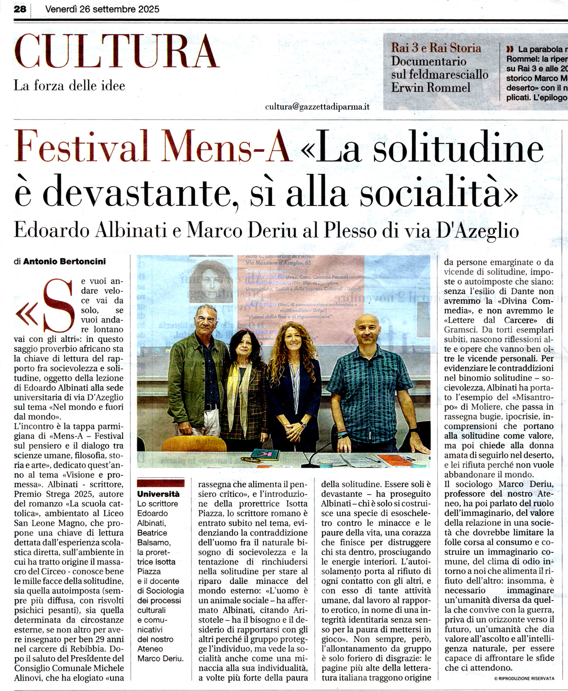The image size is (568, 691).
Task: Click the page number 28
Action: [20, 9]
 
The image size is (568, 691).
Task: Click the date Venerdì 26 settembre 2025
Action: [102, 9]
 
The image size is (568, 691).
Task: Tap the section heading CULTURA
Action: [117, 51]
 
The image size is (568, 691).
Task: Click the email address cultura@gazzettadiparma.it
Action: [317, 106]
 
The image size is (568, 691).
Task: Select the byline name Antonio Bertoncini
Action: [64, 262]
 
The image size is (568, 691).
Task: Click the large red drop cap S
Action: [58, 306]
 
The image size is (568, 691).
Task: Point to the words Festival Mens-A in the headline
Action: [154, 146]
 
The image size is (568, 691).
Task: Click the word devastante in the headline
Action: [136, 192]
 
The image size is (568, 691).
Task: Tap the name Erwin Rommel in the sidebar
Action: [431, 87]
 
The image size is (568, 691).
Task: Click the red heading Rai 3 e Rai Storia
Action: [436, 48]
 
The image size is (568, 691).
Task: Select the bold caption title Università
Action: [158, 494]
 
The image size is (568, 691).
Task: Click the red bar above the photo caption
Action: [161, 483]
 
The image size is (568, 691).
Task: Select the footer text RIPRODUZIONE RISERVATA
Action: [526, 678]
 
